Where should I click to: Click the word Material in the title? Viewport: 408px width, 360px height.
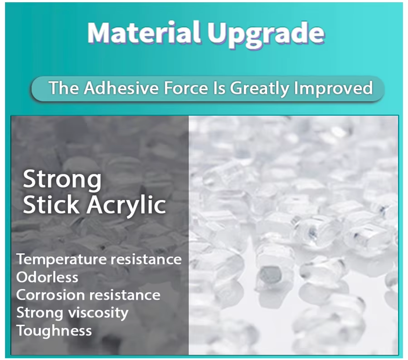[x=144, y=33]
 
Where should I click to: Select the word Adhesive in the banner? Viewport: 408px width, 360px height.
[x=121, y=88]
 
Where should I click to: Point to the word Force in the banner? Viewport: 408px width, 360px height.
[x=186, y=88]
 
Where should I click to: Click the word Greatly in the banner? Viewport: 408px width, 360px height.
[x=259, y=89]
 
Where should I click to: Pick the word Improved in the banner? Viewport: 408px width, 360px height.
[x=333, y=89]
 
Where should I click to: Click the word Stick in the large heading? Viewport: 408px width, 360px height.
[x=51, y=204]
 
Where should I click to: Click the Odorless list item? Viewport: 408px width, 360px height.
[x=47, y=277]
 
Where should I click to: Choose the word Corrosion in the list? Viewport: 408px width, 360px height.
[x=50, y=295]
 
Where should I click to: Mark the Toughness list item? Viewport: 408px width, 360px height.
[x=54, y=331]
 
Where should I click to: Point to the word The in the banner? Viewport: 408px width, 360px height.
[x=64, y=88]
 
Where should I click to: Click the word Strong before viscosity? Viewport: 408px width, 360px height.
[x=40, y=313]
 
